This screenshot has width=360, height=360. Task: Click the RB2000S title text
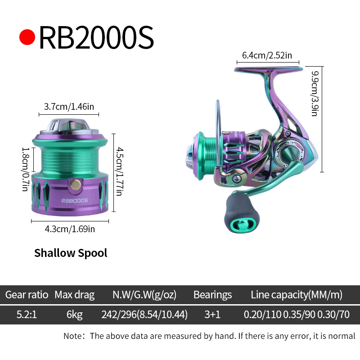coord(96,38)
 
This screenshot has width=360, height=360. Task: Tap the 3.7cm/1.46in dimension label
coord(69,107)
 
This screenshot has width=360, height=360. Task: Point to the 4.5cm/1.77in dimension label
coord(118,172)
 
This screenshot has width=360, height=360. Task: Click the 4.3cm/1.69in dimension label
coord(70,229)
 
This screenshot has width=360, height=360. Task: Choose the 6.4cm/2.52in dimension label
coord(267,55)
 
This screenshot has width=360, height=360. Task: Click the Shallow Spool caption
coord(71,253)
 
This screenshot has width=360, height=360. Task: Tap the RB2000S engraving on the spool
coord(74,201)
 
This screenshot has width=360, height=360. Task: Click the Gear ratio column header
coord(27,295)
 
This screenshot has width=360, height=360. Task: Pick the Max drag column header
coord(75,295)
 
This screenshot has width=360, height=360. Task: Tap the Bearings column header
coord(212,295)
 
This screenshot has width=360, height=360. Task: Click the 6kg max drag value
coord(75,315)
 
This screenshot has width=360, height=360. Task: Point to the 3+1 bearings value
coord(212,315)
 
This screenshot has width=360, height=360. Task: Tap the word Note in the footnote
coord(72,336)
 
